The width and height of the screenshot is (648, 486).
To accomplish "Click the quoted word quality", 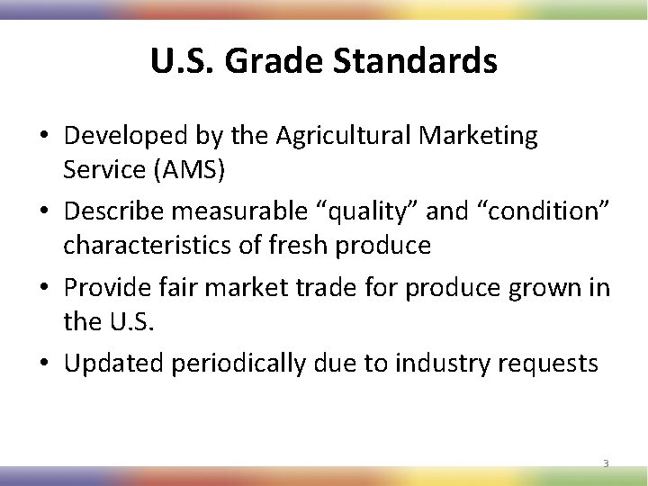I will pyautogui.click(x=369, y=211).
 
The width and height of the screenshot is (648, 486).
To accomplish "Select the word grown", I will pyautogui.click(x=538, y=287).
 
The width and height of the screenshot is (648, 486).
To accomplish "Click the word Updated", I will pyautogui.click(x=112, y=363).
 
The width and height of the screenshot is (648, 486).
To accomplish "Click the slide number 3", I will pyautogui.click(x=606, y=464).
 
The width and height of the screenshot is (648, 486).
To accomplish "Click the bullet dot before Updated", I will pyautogui.click(x=43, y=364).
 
